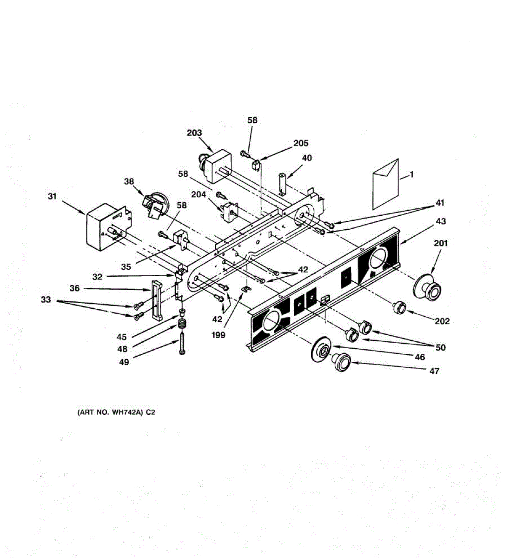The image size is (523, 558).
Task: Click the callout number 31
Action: pyautogui.click(x=52, y=196)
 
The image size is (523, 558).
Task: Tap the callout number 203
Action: pyautogui.click(x=194, y=133)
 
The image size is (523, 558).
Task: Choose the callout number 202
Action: pyautogui.click(x=442, y=321)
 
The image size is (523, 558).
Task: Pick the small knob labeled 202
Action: pyautogui.click(x=399, y=307)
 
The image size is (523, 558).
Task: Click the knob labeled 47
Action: pyautogui.click(x=341, y=361)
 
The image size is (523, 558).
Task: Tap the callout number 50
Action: pyautogui.click(x=440, y=347)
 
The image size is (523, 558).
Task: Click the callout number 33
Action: pyautogui.click(x=46, y=300)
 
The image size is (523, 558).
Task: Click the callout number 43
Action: pyautogui.click(x=441, y=221)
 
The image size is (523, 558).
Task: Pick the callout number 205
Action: pyautogui.click(x=301, y=143)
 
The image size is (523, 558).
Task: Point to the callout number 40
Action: pyautogui.click(x=306, y=158)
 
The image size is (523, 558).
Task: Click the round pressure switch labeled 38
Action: pyautogui.click(x=157, y=205)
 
